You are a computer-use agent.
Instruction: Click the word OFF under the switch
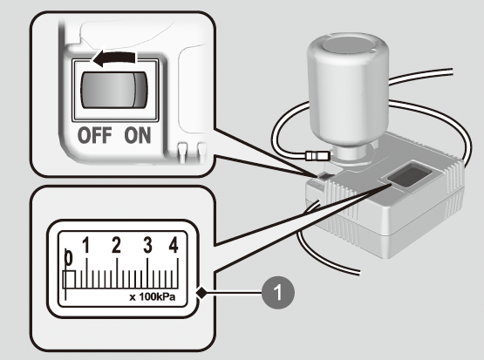point(94,135)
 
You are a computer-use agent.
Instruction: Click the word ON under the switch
point(138,135)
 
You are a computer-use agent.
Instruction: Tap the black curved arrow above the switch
point(113,58)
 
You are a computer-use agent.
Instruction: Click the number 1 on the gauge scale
point(86,245)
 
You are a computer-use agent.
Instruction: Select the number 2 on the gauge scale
point(116,245)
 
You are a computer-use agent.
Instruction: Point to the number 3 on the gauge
point(148,245)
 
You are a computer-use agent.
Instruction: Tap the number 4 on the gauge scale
point(174,245)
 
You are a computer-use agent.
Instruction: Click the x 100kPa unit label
point(153,296)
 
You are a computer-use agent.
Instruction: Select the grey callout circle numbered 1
point(278,292)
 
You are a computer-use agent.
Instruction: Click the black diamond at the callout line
point(202,293)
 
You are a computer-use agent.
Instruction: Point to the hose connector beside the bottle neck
point(317,155)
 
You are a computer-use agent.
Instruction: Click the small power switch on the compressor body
point(324,177)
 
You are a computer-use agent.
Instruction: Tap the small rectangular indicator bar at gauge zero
point(69,279)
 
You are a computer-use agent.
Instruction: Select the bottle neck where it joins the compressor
point(350,153)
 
